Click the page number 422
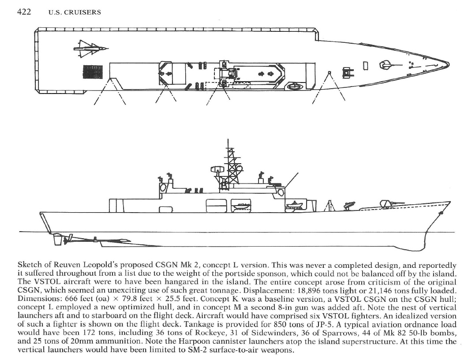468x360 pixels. point(24,12)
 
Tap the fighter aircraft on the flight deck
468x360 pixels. point(91,49)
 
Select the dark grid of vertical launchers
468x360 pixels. point(93,72)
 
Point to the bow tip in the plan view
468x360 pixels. point(449,64)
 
